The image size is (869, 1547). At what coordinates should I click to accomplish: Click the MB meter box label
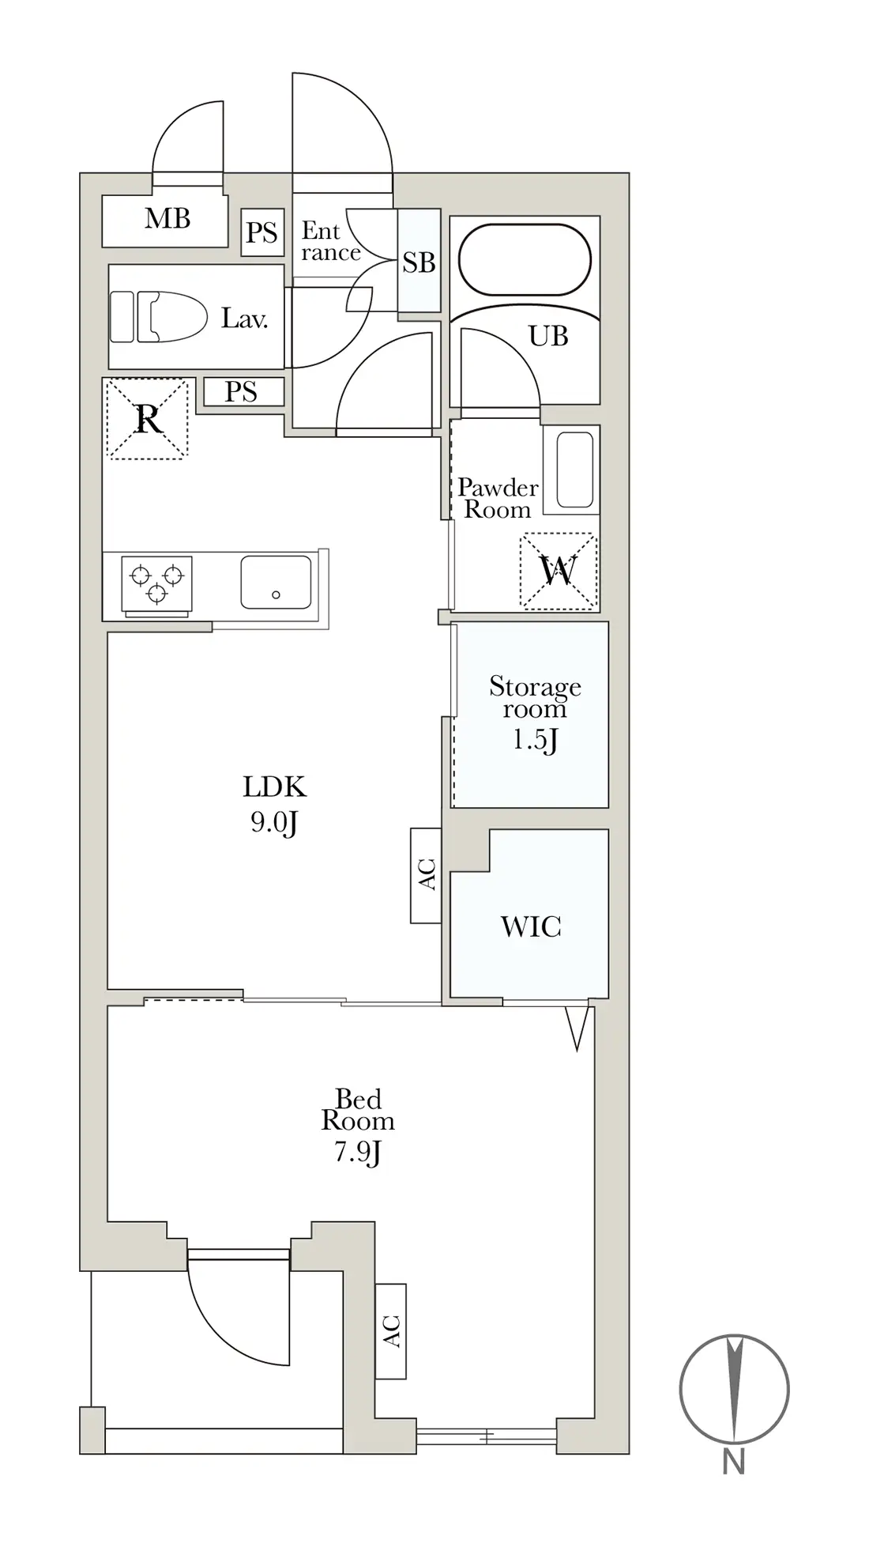coord(167,218)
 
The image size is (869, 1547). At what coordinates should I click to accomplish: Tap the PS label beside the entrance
coord(261,232)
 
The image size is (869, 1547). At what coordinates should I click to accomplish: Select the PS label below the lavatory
coord(241,391)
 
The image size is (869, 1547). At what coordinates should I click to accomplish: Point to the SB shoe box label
coord(419,262)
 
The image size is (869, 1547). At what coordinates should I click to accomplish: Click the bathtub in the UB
coord(525,260)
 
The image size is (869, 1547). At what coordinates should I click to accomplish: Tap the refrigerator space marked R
coord(148,419)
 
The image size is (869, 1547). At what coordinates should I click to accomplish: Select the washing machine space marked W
coord(559,571)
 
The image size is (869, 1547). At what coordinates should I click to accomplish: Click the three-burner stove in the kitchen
coord(156,585)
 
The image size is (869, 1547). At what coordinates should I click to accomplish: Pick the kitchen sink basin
coord(276,582)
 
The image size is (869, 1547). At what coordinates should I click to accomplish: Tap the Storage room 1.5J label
coord(535,712)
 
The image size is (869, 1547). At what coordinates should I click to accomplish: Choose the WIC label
coord(531,926)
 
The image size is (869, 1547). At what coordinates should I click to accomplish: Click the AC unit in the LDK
coord(426,875)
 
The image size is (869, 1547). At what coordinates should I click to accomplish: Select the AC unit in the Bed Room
coord(391,1331)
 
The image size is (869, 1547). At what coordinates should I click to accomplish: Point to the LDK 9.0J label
coord(274,804)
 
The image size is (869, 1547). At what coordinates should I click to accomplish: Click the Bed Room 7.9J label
coord(358,1126)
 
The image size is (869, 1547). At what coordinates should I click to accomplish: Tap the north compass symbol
coord(735,1389)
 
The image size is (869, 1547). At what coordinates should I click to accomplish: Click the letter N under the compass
coord(734,1463)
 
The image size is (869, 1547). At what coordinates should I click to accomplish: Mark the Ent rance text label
coord(331,242)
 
